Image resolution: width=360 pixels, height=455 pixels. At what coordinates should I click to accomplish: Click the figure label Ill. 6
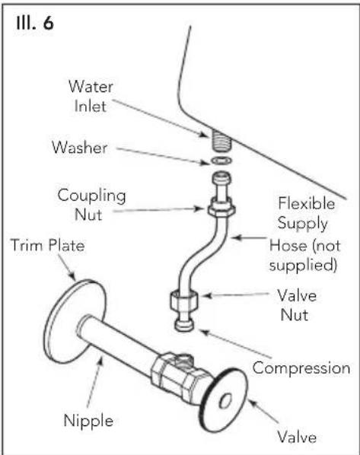click(x=35, y=23)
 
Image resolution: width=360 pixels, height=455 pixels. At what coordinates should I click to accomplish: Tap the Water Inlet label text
click(x=91, y=96)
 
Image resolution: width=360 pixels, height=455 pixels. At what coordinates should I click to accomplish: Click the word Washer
click(x=80, y=147)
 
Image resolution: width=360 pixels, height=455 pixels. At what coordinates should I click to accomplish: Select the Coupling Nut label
click(x=91, y=205)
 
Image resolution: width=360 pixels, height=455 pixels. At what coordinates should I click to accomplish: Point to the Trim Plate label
click(x=48, y=245)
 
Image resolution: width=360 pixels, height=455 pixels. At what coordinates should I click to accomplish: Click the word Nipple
click(x=88, y=422)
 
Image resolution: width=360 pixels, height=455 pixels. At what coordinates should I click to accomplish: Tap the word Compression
click(x=301, y=368)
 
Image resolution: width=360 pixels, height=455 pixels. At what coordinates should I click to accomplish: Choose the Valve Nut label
click(x=296, y=305)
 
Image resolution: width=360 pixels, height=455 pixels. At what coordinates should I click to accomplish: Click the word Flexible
click(x=307, y=203)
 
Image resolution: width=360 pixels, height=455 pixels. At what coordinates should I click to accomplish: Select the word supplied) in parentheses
click(x=303, y=266)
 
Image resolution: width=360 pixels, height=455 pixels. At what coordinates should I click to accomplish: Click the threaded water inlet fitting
click(x=221, y=140)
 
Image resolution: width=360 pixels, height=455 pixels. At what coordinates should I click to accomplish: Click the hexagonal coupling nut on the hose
click(x=221, y=207)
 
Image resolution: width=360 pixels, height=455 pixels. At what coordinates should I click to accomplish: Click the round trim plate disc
click(x=74, y=322)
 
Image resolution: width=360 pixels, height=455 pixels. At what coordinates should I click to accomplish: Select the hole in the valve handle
click(x=225, y=401)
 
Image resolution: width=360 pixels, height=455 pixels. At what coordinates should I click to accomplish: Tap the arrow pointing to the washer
click(x=163, y=156)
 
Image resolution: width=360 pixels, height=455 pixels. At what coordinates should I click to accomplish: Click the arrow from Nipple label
click(x=95, y=382)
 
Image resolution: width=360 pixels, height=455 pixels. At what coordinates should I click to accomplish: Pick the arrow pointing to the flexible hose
click(x=249, y=238)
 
